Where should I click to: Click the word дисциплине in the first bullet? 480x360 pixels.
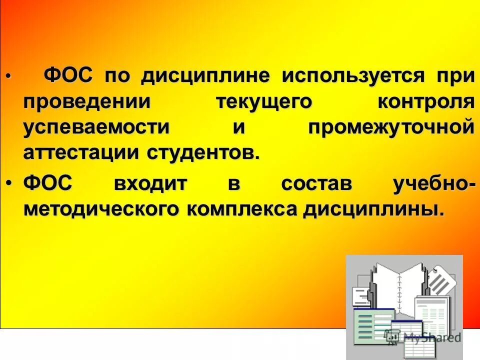tap(205, 77)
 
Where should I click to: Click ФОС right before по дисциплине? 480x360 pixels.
tap(69, 77)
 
